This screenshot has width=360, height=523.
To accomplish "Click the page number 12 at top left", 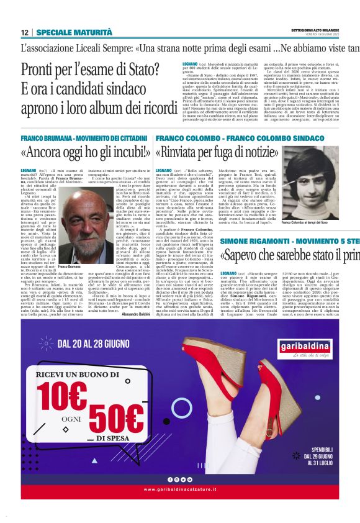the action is (x=25, y=33).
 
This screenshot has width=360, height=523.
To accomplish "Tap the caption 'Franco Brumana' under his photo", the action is (x=70, y=266).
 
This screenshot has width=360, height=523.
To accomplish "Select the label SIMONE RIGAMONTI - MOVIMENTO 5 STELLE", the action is (x=289, y=240).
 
